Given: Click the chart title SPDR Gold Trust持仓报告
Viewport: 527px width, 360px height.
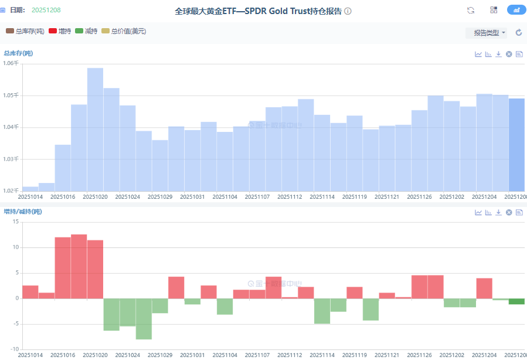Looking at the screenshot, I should pyautogui.click(x=258, y=11).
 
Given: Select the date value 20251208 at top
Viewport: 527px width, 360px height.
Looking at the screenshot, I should pyautogui.click(x=46, y=10).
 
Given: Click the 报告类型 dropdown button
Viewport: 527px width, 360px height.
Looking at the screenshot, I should pyautogui.click(x=486, y=33).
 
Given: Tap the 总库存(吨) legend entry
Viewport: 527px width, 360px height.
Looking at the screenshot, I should pyautogui.click(x=25, y=31).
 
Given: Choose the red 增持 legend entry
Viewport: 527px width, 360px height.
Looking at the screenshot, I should pyautogui.click(x=60, y=31).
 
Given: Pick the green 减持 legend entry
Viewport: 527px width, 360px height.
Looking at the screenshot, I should pyautogui.click(x=86, y=31).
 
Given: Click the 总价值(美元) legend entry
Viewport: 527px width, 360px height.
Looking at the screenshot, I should pyautogui.click(x=124, y=31).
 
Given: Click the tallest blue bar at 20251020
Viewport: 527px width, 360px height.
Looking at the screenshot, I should pyautogui.click(x=95, y=129).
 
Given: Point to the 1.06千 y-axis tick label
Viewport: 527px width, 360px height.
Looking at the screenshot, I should pyautogui.click(x=11, y=63).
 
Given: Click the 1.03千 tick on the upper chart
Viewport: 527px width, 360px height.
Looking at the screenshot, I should pyautogui.click(x=11, y=159).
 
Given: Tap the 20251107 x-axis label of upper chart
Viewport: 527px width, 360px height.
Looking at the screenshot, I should pyautogui.click(x=257, y=197).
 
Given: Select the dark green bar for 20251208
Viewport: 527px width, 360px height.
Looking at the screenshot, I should pyautogui.click(x=516, y=301).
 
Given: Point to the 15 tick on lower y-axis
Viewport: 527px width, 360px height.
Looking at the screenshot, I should pyautogui.click(x=15, y=222).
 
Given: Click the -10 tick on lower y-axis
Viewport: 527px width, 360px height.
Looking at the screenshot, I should pyautogui.click(x=13, y=349).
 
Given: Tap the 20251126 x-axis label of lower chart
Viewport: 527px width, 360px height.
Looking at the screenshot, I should pyautogui.click(x=419, y=355).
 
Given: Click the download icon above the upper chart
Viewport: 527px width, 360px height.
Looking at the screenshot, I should pyautogui.click(x=498, y=54).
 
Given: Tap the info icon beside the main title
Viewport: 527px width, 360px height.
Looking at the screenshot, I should pyautogui.click(x=348, y=11).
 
